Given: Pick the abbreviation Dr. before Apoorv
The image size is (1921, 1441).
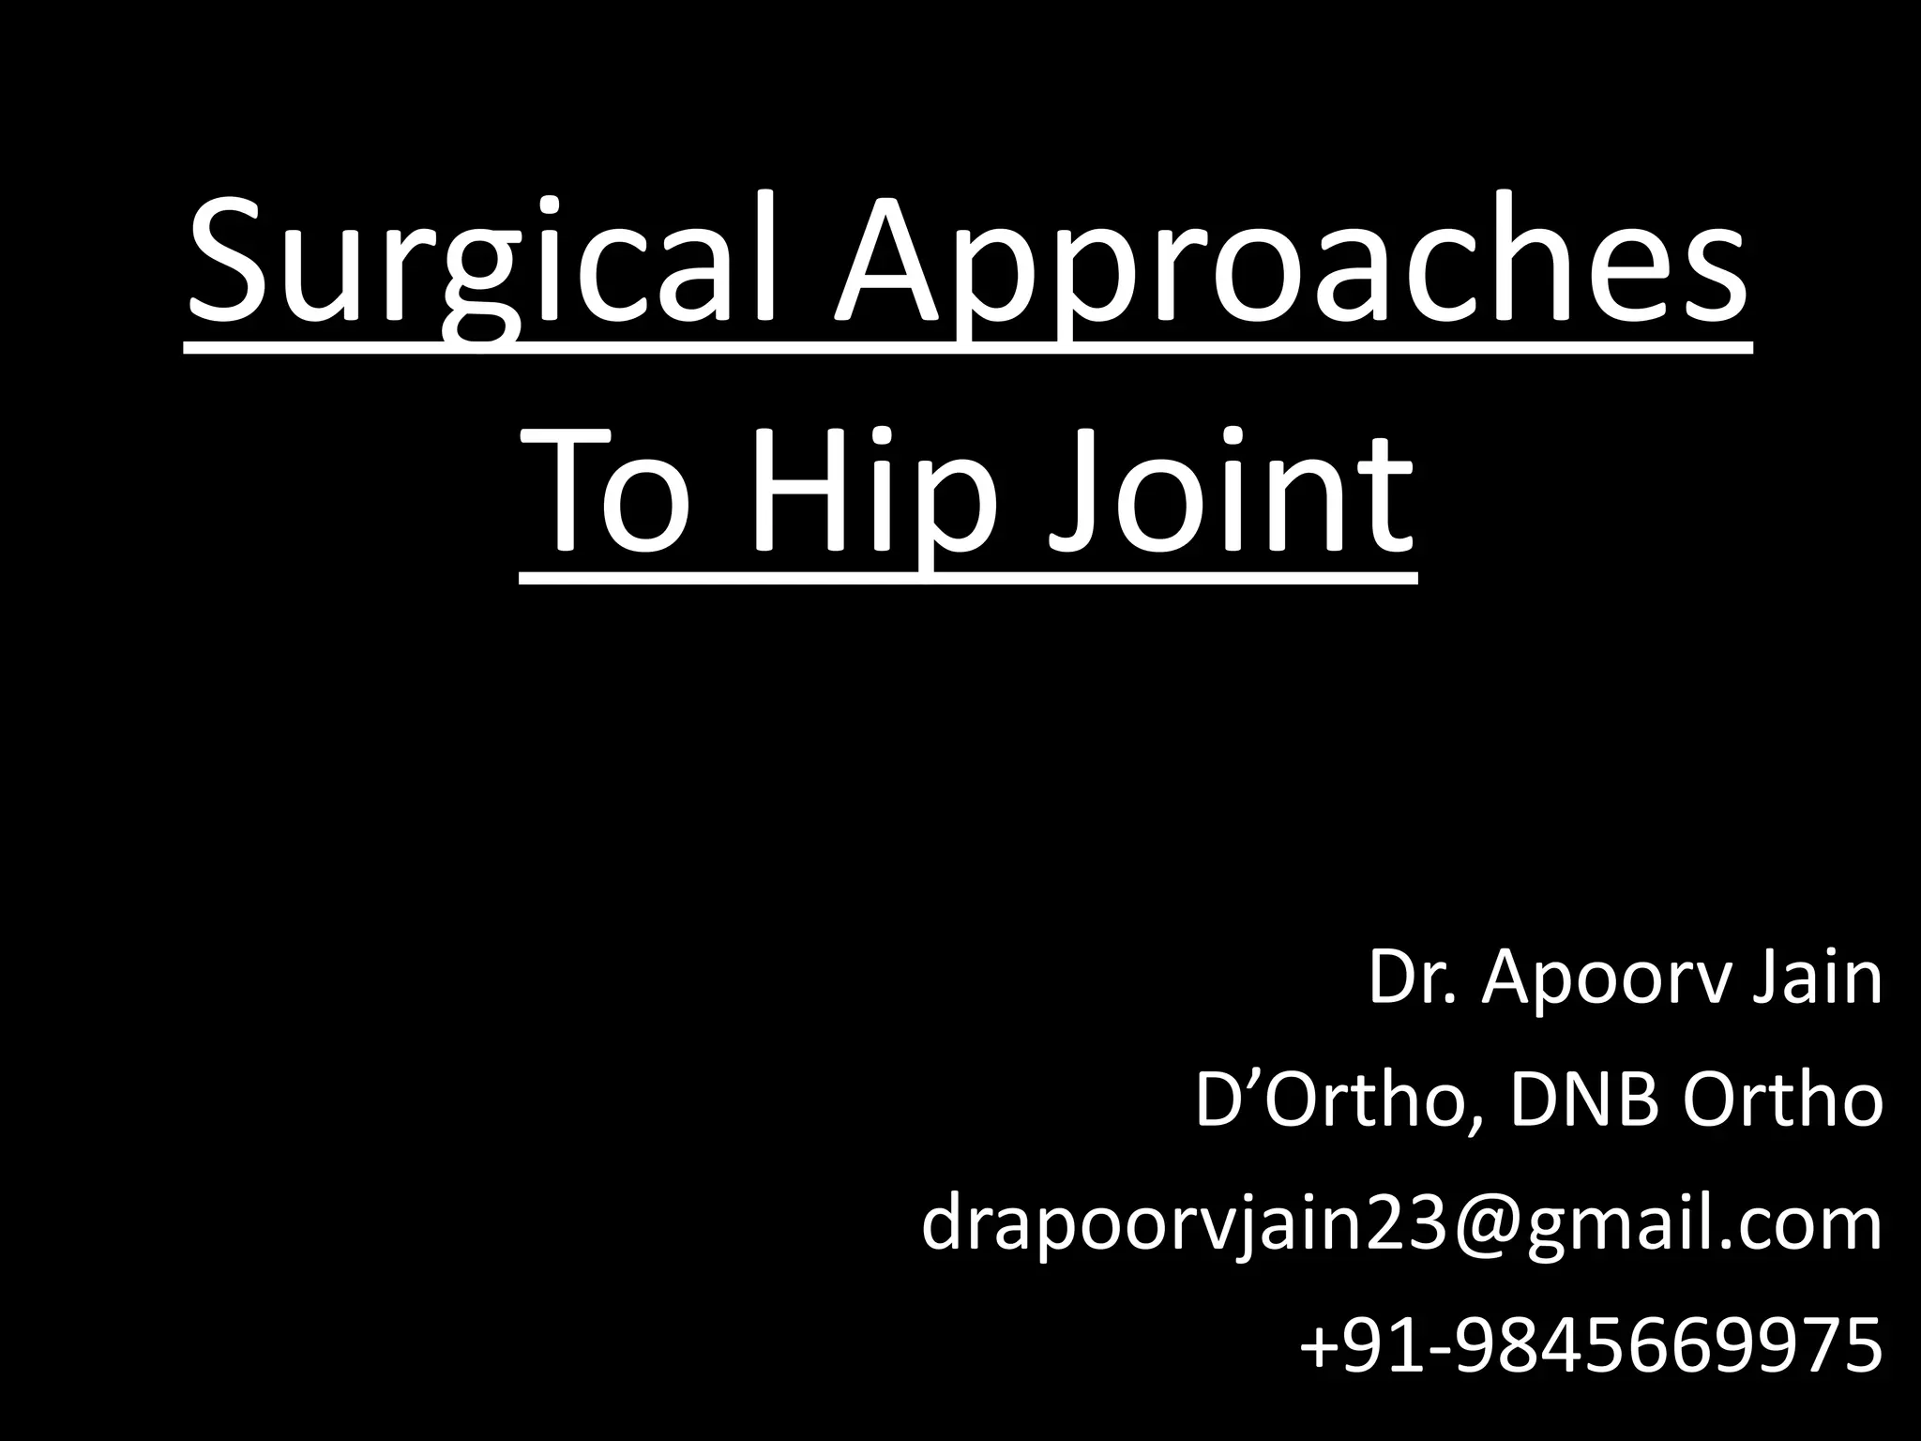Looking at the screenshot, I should coord(1412,978).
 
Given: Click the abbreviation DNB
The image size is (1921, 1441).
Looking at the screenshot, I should coord(1584,1101).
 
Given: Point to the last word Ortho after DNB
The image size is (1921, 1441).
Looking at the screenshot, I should coord(1782,1101).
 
